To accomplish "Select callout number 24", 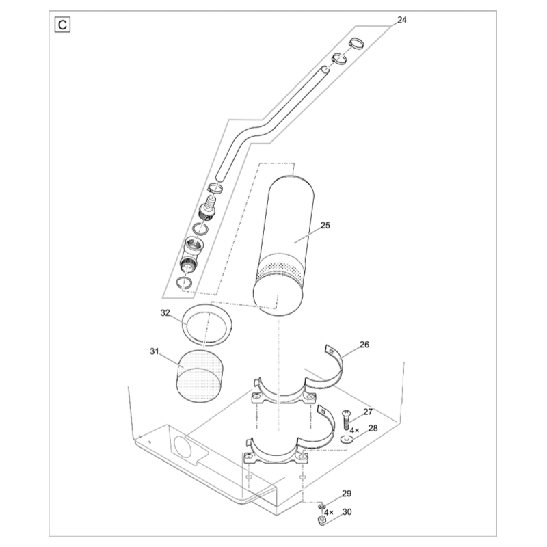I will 401,20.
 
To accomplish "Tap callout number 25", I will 325,225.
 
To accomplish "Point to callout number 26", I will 364,345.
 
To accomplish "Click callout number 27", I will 368,412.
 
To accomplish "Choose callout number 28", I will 373,428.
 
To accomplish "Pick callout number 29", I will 347,494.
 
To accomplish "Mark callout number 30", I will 347,511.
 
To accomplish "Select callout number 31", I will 154,351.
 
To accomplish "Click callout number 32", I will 165,312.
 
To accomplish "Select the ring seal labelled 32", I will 206,325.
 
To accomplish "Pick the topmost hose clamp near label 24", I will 356,45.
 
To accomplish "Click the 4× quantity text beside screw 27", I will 354,431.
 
